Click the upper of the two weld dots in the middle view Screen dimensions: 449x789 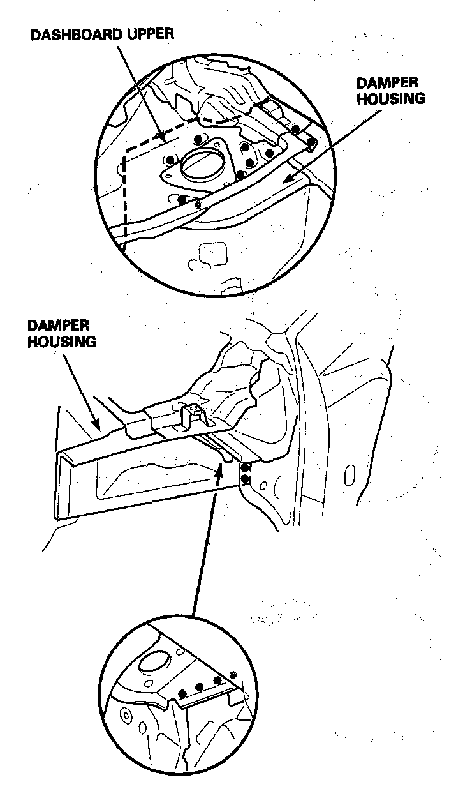[246, 468]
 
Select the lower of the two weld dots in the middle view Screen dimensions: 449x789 [246, 479]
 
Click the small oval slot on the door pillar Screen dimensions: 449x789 [349, 474]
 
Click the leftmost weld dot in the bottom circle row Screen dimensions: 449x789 [183, 691]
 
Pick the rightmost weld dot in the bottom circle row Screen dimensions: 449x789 [233, 675]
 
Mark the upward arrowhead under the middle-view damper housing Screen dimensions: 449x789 [220, 469]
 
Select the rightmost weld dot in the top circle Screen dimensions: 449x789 [311, 141]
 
